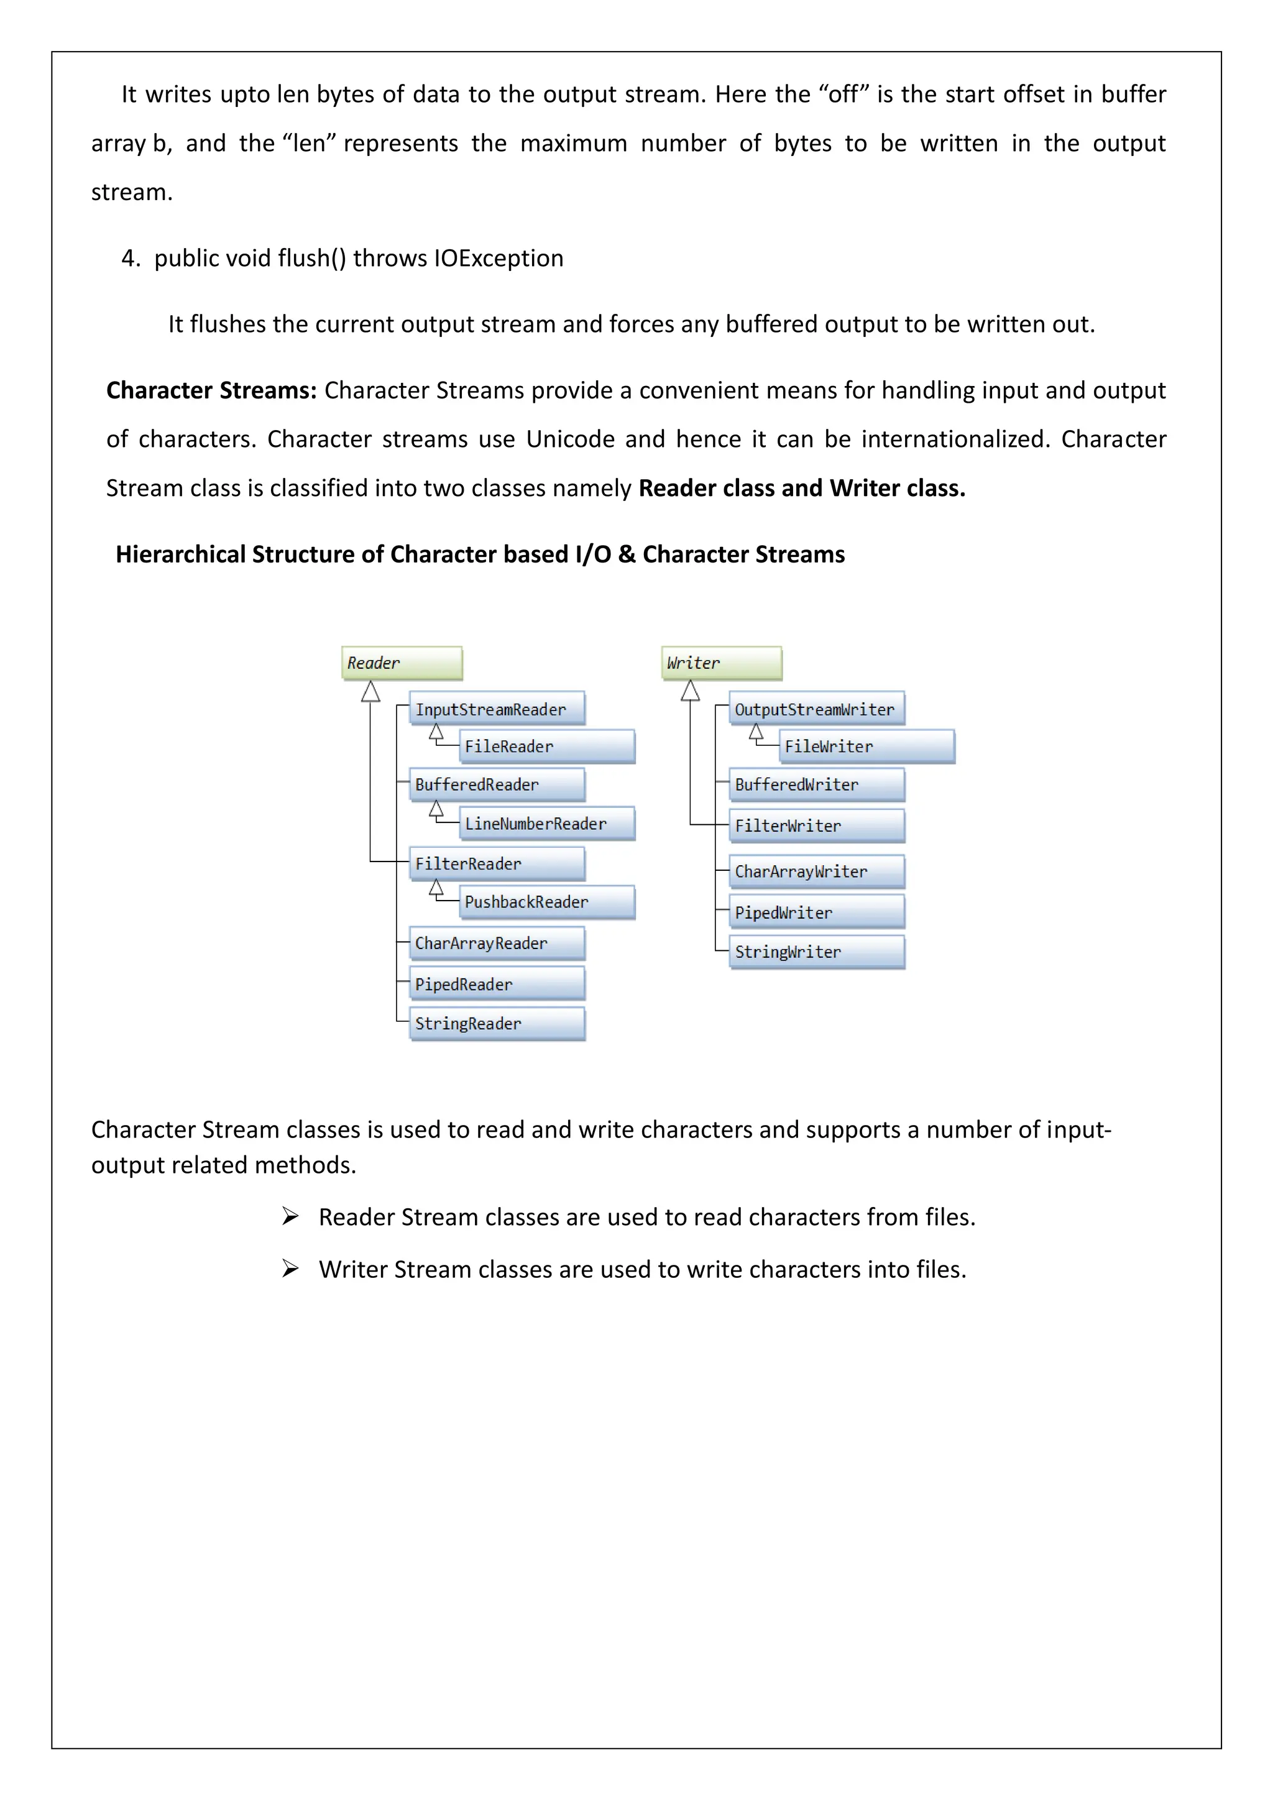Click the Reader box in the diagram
(x=402, y=663)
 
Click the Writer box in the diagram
(x=722, y=663)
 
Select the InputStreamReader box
(x=497, y=709)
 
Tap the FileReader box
(x=547, y=746)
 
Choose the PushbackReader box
(x=547, y=902)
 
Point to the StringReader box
(x=497, y=1023)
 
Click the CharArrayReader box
(x=497, y=943)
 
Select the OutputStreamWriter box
(x=817, y=709)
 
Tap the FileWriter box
(x=867, y=746)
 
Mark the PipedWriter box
(x=817, y=912)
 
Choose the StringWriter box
(x=817, y=952)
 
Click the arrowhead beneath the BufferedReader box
(x=436, y=809)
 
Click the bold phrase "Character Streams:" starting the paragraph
(x=211, y=390)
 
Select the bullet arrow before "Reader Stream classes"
(x=291, y=1217)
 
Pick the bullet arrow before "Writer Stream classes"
(x=291, y=1269)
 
